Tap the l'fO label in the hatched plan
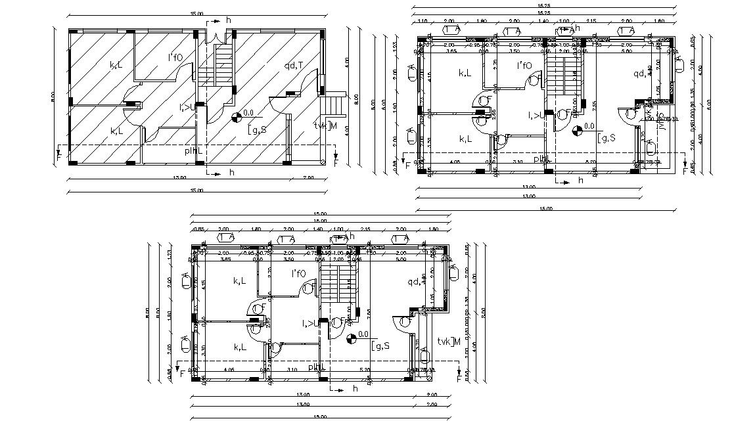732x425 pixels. coord(175,58)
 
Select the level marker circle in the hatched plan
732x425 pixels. coord(235,119)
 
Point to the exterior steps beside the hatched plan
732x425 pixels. coord(336,103)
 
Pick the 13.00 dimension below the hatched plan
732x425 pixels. coord(178,178)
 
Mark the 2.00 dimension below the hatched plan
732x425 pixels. coord(308,178)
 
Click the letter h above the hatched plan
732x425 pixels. coord(229,20)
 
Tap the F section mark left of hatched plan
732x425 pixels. coord(59,157)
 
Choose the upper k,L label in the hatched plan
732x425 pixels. coord(116,64)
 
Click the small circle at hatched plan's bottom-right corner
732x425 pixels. coord(323,162)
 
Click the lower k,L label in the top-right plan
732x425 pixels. coord(465,139)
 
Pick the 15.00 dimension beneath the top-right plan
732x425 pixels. coord(545,209)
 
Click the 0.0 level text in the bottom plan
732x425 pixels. coord(364,334)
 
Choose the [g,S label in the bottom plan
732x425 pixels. coord(380,345)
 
